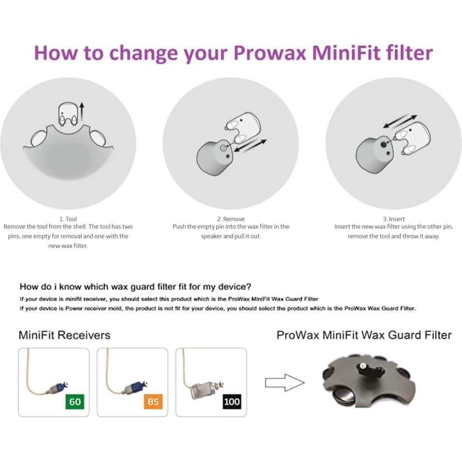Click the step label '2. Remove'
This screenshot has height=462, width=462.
tap(231, 219)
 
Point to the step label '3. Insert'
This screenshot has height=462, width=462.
tap(393, 219)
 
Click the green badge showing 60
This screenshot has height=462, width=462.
tap(74, 402)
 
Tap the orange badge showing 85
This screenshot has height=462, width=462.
tap(153, 402)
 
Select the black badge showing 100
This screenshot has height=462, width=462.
tap(231, 402)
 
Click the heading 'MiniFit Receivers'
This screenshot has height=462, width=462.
tap(64, 335)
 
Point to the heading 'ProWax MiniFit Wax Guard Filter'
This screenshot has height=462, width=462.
tap(364, 335)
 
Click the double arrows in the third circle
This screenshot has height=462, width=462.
tap(400, 121)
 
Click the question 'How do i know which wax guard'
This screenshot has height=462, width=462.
tap(135, 287)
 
